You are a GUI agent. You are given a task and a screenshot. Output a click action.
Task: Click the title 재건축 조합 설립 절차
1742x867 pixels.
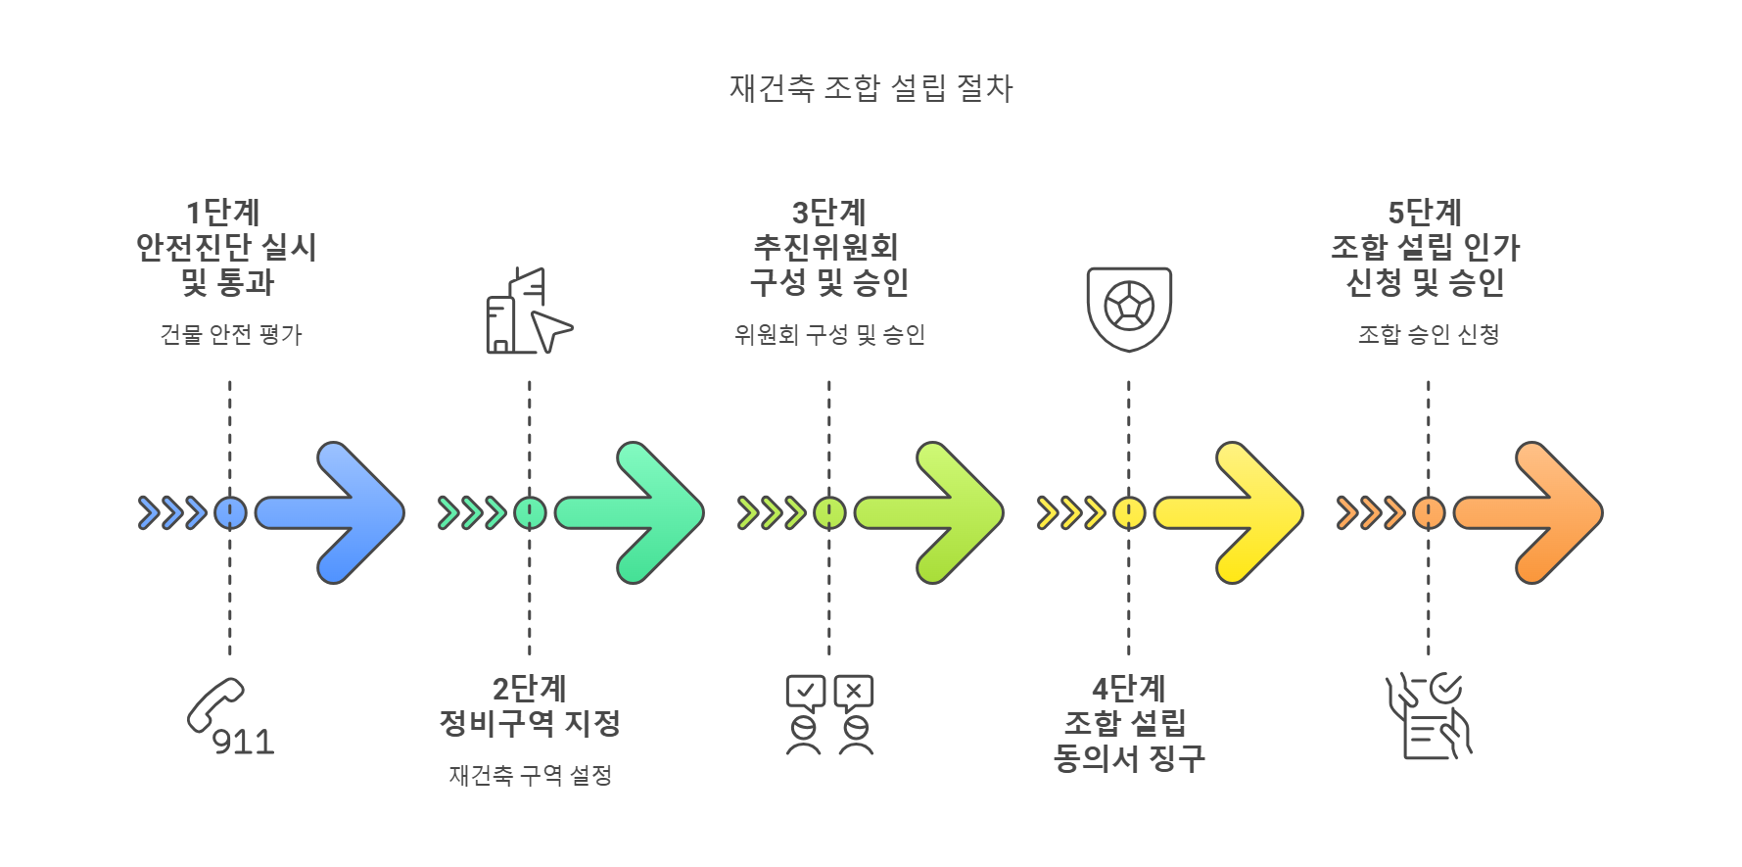click(x=871, y=88)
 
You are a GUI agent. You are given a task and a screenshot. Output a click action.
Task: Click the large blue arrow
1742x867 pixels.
click(x=333, y=512)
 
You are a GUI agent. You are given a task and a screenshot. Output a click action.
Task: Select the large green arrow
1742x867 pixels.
click(x=633, y=512)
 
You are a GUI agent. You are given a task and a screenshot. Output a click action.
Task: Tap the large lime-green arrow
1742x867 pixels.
click(x=932, y=512)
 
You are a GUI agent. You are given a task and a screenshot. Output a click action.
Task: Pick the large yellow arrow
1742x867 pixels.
click(x=1232, y=512)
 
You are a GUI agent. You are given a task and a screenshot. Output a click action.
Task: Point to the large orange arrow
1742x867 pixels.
click(x=1531, y=512)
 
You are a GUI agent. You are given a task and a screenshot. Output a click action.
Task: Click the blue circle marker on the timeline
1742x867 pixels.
click(x=230, y=512)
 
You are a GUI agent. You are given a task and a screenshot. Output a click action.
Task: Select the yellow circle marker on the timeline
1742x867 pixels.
click(x=1129, y=512)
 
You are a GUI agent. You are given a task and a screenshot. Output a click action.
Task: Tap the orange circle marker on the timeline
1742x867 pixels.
click(x=1429, y=512)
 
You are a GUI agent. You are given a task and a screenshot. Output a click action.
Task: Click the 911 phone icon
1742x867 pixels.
click(x=230, y=718)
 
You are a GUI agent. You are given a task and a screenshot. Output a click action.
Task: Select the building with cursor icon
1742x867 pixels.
click(x=529, y=312)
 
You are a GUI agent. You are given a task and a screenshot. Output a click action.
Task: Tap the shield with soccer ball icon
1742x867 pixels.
click(x=1129, y=309)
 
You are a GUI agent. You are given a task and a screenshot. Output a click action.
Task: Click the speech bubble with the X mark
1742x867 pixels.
click(x=854, y=693)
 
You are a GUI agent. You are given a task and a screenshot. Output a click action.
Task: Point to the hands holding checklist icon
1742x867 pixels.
click(x=1429, y=716)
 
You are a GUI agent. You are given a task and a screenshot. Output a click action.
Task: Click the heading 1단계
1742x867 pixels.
click(x=223, y=212)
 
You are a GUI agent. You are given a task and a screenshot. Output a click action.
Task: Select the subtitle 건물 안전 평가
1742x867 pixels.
click(x=231, y=335)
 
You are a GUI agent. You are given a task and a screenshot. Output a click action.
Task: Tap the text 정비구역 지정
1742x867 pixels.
click(x=530, y=724)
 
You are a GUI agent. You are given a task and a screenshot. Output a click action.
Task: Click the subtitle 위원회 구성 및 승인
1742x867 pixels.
click(x=829, y=335)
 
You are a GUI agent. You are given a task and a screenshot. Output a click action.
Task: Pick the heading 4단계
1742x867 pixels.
click(x=1129, y=688)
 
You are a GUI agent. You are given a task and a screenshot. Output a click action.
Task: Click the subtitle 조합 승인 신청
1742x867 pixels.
click(x=1429, y=335)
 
